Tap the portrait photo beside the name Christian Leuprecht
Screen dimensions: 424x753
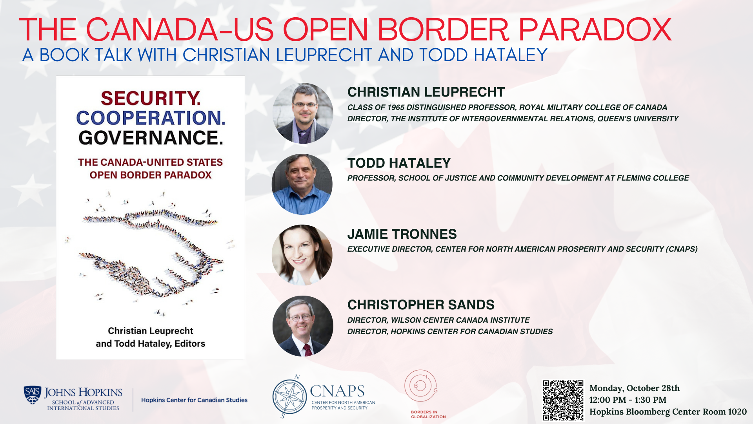tap(303, 113)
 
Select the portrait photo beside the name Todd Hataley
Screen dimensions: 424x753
tap(302, 184)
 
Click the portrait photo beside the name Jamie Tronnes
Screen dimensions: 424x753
tap(302, 255)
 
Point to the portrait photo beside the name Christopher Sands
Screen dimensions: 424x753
tap(303, 326)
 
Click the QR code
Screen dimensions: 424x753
tap(563, 400)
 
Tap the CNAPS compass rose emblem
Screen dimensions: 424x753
tap(289, 397)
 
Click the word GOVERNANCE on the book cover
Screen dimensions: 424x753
tap(151, 138)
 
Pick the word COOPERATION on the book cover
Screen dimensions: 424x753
tap(151, 118)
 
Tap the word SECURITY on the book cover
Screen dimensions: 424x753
tap(151, 98)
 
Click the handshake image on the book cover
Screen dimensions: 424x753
tap(151, 253)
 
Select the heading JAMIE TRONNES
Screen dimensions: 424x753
tap(402, 234)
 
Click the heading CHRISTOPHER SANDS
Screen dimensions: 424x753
tap(421, 305)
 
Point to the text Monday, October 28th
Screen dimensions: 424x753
tap(634, 388)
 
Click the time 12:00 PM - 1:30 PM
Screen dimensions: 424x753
tap(627, 400)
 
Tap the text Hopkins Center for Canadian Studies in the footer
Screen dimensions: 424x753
tap(194, 400)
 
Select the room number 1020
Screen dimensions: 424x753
tap(737, 412)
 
